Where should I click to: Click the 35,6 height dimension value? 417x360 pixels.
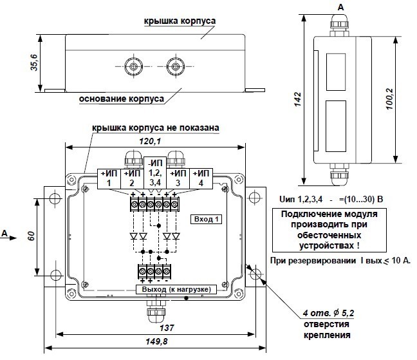[x=34, y=62]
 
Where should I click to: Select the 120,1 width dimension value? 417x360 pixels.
[x=150, y=141]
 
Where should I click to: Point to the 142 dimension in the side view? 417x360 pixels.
[x=297, y=99]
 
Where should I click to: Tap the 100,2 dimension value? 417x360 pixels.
[x=390, y=99]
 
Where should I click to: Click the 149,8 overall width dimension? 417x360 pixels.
[x=156, y=341]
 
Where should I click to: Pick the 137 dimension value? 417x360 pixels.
[x=167, y=328]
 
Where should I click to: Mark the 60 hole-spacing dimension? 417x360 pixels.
[x=31, y=236]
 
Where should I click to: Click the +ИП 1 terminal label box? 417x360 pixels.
[x=109, y=179]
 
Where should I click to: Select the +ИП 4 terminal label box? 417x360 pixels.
[x=201, y=179]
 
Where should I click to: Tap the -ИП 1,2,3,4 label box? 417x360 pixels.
[x=155, y=173]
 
